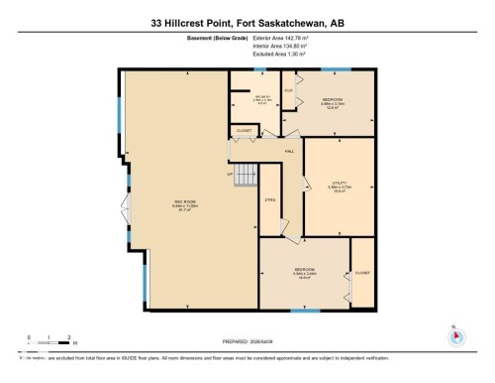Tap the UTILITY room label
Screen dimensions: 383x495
point(338,184)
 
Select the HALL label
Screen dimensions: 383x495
point(290,151)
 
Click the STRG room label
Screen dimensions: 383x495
point(269,201)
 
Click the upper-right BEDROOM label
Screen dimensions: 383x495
point(333,100)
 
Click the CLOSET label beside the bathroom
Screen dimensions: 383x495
point(243,131)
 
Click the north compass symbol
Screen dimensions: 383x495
point(455,334)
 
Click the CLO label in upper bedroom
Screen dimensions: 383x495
point(290,91)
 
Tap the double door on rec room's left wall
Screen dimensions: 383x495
point(124,212)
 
